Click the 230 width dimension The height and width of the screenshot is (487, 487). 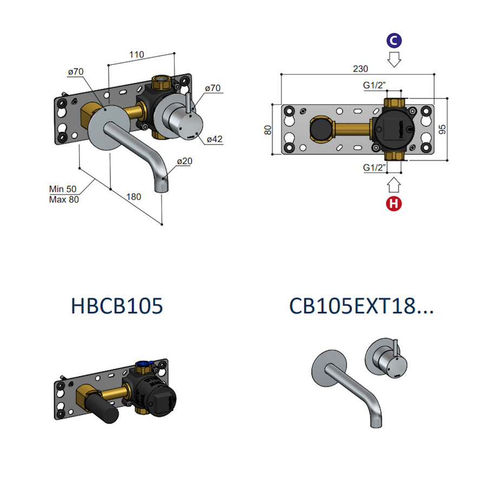click(x=360, y=69)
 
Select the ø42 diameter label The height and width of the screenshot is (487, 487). click(x=215, y=139)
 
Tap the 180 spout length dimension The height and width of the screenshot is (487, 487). click(x=134, y=196)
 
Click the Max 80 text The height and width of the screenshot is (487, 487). click(x=64, y=199)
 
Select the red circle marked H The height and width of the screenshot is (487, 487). click(x=394, y=205)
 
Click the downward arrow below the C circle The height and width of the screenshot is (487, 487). click(x=394, y=59)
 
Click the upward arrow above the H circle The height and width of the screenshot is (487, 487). click(x=394, y=186)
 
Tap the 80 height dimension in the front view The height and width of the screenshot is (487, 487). click(x=267, y=130)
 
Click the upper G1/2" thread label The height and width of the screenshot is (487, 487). click(x=374, y=85)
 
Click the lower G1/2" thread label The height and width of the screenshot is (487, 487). click(x=374, y=168)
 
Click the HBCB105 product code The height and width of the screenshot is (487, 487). click(x=117, y=306)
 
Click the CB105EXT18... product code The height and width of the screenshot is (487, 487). click(x=361, y=306)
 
